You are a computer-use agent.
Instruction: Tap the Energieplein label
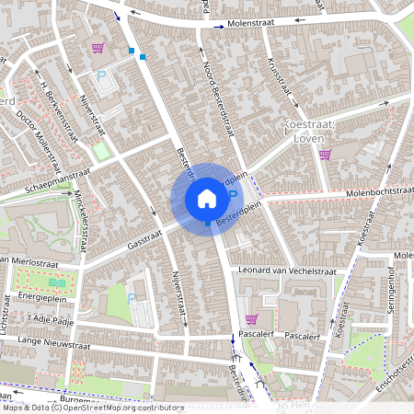pyautogui.click(x=46, y=297)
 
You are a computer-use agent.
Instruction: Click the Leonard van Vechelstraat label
pyautogui.click(x=287, y=271)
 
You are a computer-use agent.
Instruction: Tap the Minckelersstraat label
pyautogui.click(x=82, y=220)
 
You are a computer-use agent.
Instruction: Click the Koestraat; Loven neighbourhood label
pyautogui.click(x=316, y=132)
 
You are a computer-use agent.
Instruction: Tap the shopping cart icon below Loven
pyautogui.click(x=325, y=155)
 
